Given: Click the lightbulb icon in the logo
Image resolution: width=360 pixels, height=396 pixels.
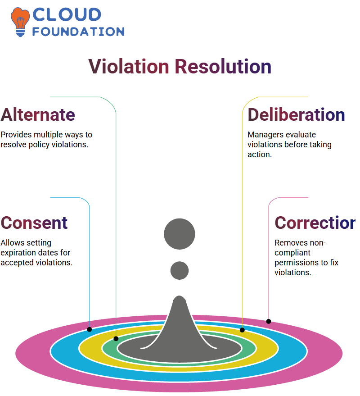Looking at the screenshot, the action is (x=20, y=22).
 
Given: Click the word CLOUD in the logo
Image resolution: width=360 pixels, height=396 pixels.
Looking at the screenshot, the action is (x=67, y=14).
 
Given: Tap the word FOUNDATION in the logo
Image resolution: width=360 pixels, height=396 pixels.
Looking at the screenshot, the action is (x=78, y=32).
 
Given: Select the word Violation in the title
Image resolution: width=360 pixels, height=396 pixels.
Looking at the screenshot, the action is (x=129, y=66).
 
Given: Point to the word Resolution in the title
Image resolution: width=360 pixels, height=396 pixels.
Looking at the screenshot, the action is (x=223, y=66).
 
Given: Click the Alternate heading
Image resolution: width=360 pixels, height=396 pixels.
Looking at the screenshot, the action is (x=38, y=115).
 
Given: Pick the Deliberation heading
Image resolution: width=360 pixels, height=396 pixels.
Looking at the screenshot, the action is (x=296, y=115).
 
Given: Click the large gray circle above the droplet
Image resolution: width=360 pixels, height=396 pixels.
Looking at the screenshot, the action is (x=180, y=234).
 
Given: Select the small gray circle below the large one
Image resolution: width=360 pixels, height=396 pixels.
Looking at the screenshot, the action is (x=180, y=270).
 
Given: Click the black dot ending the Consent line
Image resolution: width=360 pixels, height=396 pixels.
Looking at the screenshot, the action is (x=89, y=329).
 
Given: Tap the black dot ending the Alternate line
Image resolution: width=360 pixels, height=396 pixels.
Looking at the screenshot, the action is (x=116, y=339).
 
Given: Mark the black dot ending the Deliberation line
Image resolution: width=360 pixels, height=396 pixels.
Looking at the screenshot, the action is (x=242, y=330).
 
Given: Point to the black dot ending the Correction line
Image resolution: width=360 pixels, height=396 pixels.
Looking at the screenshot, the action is (x=269, y=321).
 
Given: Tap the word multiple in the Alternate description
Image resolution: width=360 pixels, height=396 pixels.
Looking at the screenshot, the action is (x=48, y=135).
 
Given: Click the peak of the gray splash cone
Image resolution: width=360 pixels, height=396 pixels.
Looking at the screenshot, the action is (x=180, y=296).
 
